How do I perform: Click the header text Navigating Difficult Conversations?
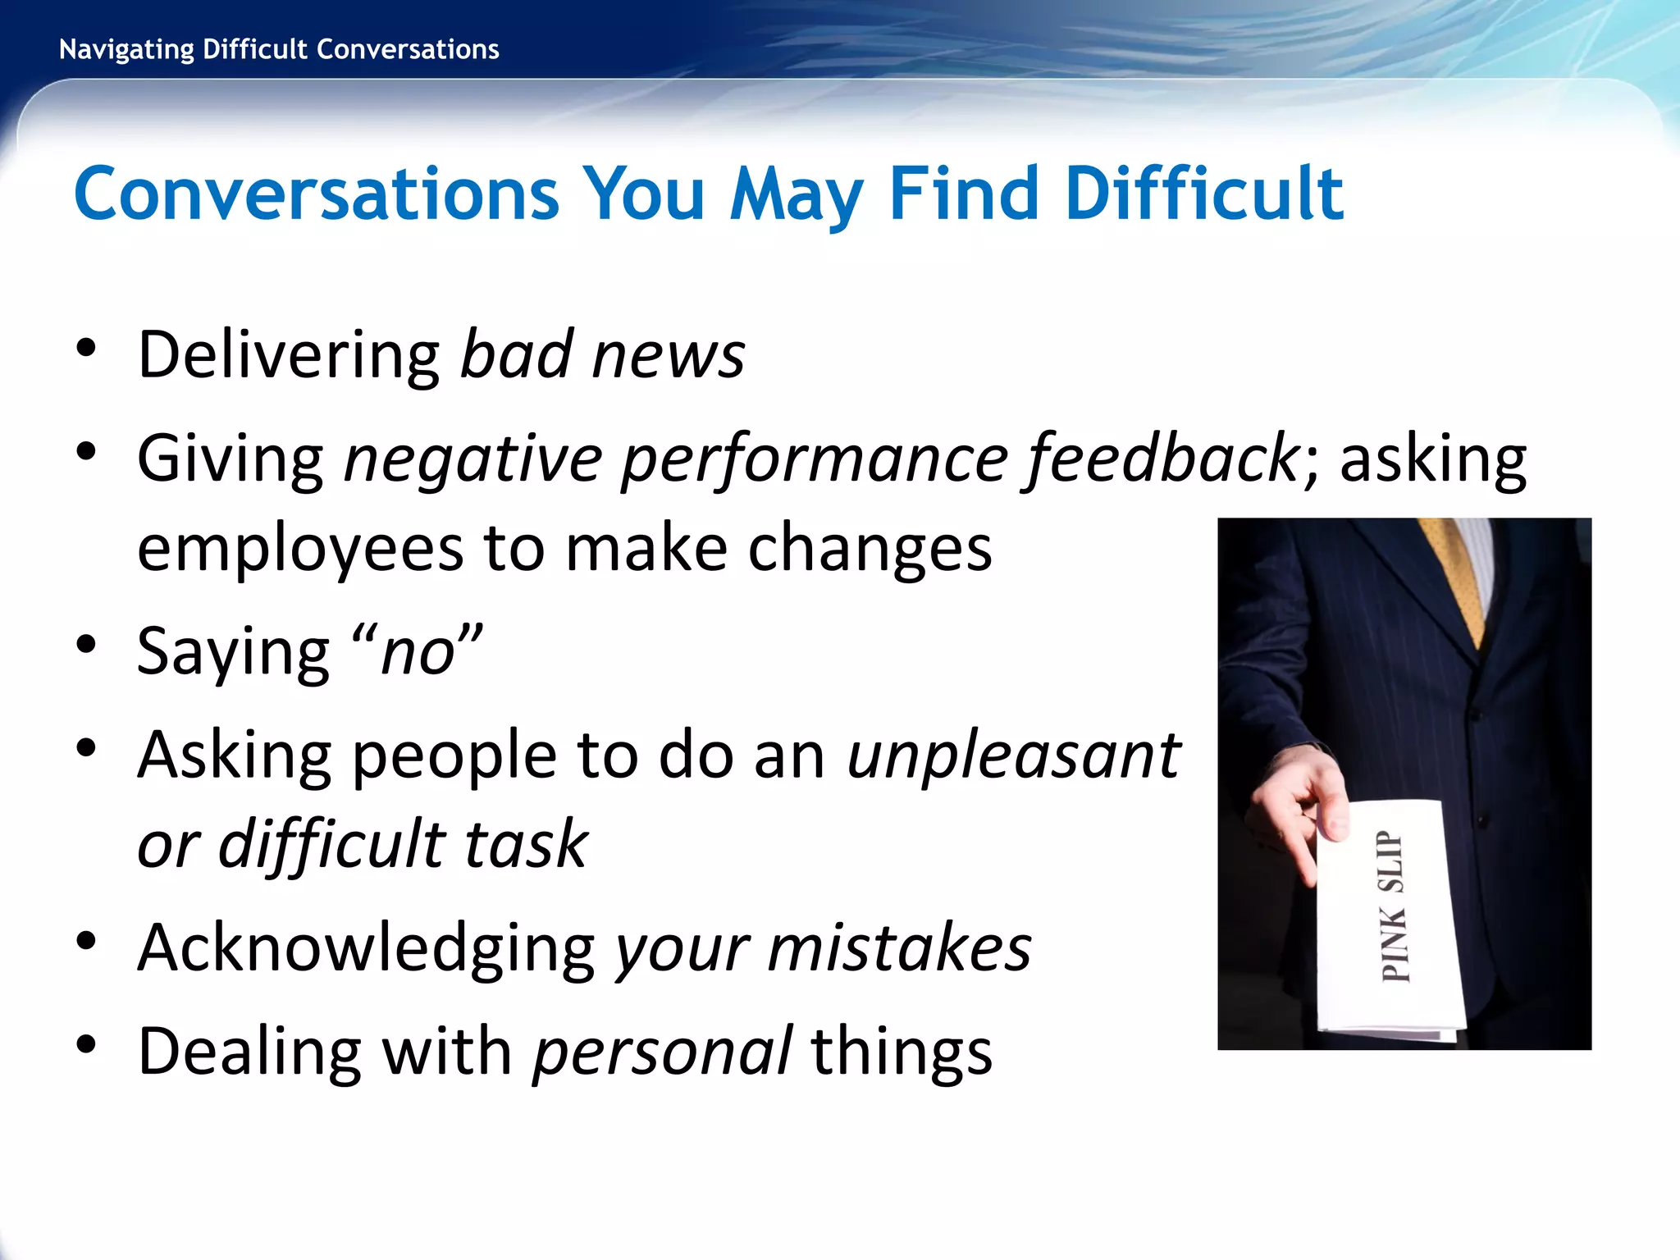(279, 50)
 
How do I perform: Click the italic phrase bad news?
(602, 355)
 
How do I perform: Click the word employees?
(300, 548)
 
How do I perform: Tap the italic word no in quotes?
(418, 653)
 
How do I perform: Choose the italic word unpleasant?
(1014, 755)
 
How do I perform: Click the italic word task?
(526, 844)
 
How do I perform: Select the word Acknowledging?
(366, 948)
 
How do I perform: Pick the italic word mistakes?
(899, 948)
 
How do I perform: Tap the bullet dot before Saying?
(86, 644)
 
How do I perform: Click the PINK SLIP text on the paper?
(1393, 906)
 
